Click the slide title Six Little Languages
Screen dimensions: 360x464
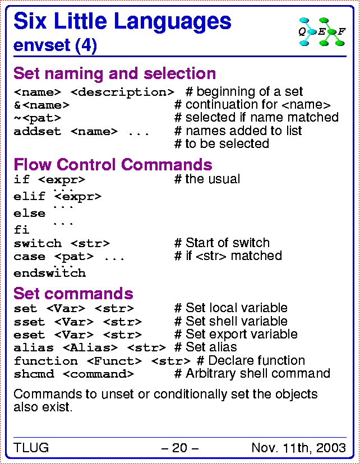coord(122,22)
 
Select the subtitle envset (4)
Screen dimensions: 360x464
coord(56,45)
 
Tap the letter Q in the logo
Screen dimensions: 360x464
coord(302,31)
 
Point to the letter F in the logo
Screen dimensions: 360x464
coord(341,31)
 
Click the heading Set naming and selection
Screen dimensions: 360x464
coord(115,73)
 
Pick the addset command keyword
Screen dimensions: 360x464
coord(38,131)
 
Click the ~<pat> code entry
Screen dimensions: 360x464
coord(38,118)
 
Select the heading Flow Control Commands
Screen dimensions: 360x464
coord(113,164)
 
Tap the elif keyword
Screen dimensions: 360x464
coord(29,196)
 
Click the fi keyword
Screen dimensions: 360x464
coord(21,229)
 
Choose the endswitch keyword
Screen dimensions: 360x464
coord(50,273)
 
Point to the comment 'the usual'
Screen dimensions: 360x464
coord(207,179)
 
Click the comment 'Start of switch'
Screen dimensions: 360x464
coord(222,243)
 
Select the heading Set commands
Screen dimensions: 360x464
coord(73,293)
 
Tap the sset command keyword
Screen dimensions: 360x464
coord(29,322)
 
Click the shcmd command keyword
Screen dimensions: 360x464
coord(34,374)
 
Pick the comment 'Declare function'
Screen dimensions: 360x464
coord(251,360)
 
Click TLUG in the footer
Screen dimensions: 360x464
coord(31,447)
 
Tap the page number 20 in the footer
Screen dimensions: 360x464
coord(179,447)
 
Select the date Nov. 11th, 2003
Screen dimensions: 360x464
coord(299,448)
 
